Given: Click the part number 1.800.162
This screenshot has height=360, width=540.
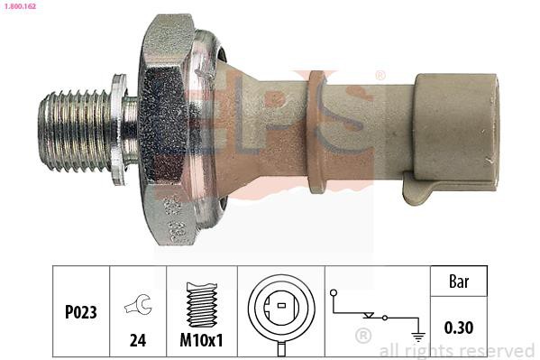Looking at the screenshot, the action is coord(20,5).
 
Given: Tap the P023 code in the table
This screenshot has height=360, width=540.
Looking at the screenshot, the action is coord(81,312).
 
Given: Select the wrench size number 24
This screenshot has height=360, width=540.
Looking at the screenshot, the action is coord(138,340).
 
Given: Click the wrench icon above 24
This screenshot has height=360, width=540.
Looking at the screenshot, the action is coord(138,304).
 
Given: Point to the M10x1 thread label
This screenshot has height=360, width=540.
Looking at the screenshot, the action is coord(201,340).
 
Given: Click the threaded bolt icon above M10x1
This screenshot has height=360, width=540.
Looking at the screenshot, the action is coord(202,304).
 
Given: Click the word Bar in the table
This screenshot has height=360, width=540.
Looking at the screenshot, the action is coord(459,282).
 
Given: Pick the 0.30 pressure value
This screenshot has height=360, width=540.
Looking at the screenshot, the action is coord(459,328).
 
